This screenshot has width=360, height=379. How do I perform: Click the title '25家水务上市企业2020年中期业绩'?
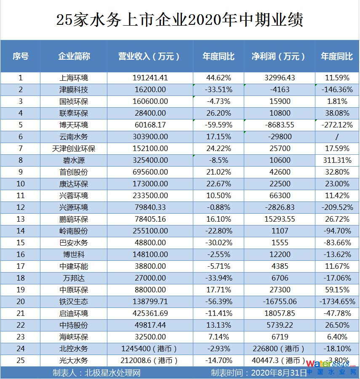[180, 20]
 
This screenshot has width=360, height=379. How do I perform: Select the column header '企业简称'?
[74, 56]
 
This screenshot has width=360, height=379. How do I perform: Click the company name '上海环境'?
[74, 78]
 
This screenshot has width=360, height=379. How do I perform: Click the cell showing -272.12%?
[337, 125]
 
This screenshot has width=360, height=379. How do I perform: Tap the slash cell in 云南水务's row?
[337, 137]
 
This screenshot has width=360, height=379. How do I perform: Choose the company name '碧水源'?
[74, 160]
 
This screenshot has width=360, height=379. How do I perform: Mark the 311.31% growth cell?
[337, 160]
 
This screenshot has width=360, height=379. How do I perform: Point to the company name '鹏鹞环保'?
[74, 219]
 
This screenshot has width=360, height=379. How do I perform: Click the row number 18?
[20, 278]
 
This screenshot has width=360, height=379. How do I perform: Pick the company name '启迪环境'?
[74, 313]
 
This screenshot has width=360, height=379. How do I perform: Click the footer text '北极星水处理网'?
[112, 373]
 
